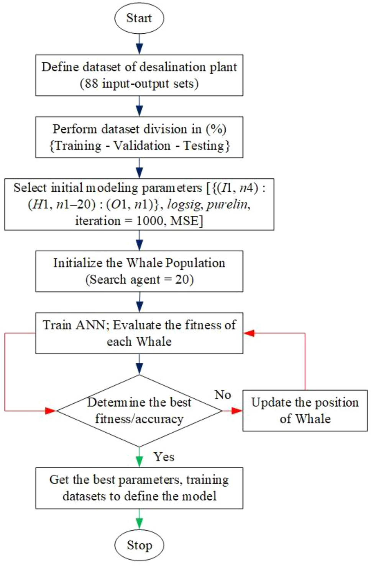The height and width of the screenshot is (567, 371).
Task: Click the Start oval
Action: (x=139, y=18)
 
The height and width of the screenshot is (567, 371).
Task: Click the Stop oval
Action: (x=139, y=545)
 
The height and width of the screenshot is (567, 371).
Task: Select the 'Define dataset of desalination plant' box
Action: (x=139, y=75)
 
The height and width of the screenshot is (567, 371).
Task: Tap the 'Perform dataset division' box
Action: (x=139, y=137)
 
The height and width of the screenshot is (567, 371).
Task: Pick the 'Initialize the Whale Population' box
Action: (x=139, y=271)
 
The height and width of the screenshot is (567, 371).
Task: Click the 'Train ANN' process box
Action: (x=139, y=333)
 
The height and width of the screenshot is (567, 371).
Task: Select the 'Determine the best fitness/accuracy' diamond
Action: (x=139, y=411)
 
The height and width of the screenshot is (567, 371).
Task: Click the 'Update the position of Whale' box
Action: (x=305, y=411)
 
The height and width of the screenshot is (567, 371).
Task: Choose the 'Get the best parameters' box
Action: (x=139, y=488)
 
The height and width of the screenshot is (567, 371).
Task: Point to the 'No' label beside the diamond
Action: (x=223, y=394)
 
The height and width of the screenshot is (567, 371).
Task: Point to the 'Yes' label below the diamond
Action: (x=164, y=457)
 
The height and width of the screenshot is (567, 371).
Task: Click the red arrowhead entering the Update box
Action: (x=237, y=411)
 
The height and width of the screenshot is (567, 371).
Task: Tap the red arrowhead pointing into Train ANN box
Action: (x=249, y=333)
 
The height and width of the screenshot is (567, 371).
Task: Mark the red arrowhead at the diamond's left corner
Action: (x=51, y=411)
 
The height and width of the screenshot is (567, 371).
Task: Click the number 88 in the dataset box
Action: (x=91, y=83)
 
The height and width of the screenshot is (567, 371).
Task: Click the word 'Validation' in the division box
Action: (x=142, y=146)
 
